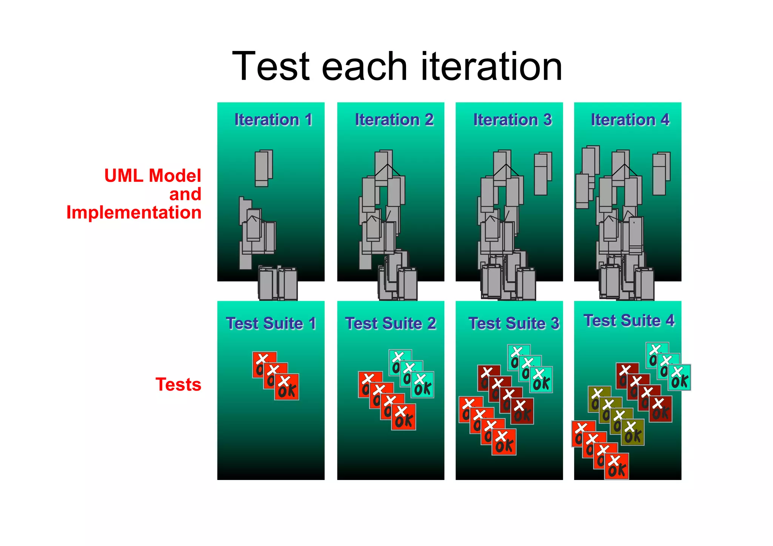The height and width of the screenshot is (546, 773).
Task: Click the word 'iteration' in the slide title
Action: tap(491, 66)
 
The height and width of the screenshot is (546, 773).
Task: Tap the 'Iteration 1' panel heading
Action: tap(273, 120)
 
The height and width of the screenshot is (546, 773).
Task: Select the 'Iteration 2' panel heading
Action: tap(394, 120)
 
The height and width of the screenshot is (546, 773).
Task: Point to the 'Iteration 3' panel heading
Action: tap(513, 120)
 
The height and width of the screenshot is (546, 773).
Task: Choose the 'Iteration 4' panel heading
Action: tap(630, 120)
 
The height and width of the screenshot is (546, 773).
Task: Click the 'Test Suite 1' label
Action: tap(271, 323)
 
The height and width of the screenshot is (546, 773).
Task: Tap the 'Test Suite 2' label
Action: tap(391, 323)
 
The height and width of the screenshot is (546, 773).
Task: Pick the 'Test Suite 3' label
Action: tap(514, 323)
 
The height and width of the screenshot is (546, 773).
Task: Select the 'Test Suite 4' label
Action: tap(629, 320)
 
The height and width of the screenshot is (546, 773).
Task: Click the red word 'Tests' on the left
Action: tap(178, 385)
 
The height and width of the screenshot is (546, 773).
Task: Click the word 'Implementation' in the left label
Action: tap(134, 212)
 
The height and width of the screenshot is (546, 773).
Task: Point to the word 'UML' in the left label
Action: tap(123, 176)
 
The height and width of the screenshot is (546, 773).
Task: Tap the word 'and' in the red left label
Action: tap(185, 194)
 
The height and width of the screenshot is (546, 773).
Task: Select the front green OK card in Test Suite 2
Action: tap(422, 385)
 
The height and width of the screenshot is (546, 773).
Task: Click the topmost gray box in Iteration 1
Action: tap(263, 168)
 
